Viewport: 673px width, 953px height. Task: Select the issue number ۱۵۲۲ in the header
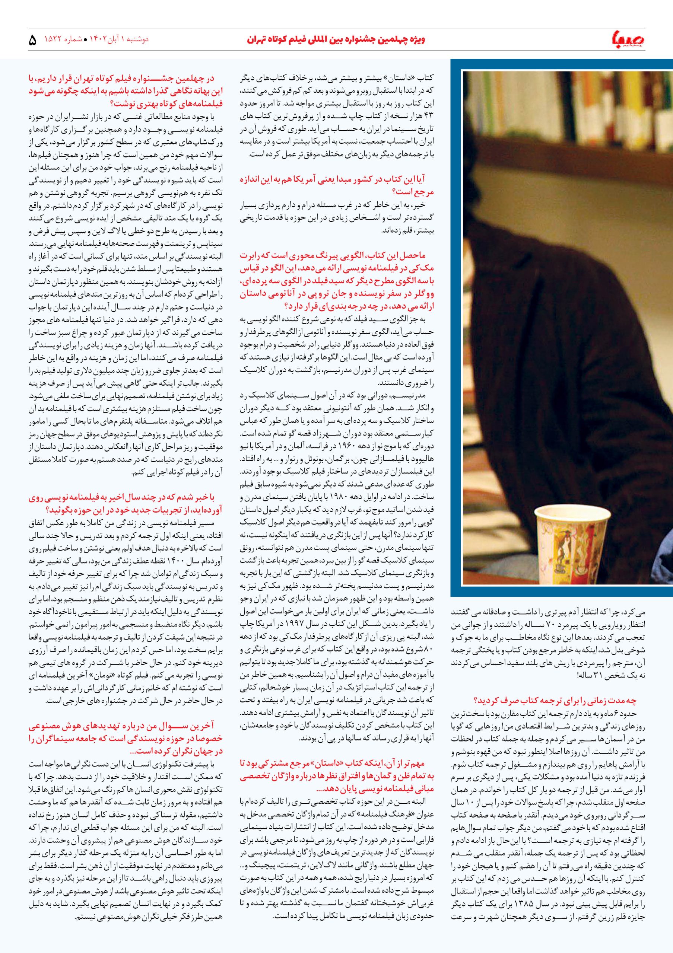click(53, 40)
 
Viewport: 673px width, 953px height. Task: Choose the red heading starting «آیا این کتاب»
click(336, 185)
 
